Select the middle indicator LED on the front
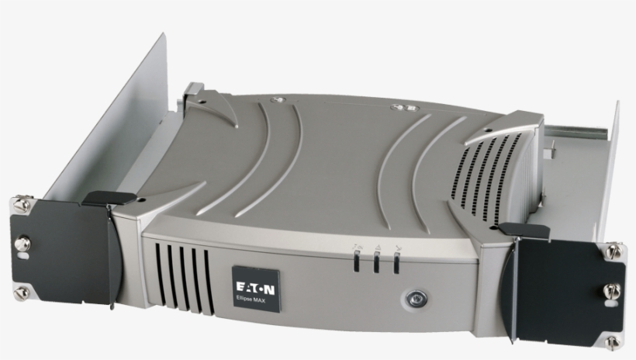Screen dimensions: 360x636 [377, 265]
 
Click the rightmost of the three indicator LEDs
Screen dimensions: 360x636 [396, 265]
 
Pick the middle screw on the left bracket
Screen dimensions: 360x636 [22, 244]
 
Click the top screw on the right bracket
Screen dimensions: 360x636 [613, 251]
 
